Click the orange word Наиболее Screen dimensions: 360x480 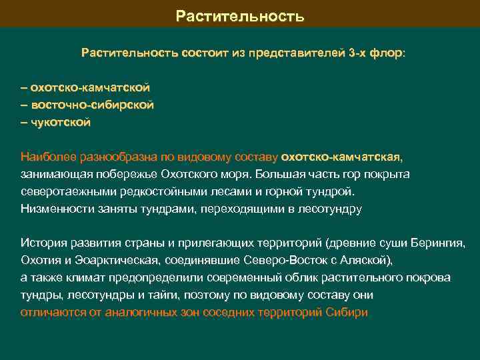(49, 157)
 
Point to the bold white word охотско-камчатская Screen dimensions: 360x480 (341, 157)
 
